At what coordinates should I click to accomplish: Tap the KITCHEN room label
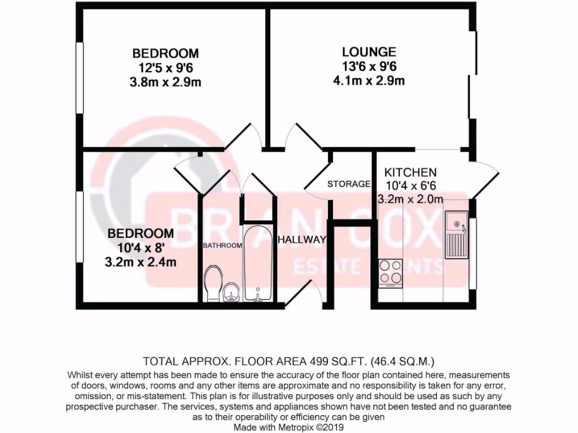click(x=410, y=173)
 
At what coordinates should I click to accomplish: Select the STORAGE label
click(x=349, y=184)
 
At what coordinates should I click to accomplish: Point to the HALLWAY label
click(x=301, y=240)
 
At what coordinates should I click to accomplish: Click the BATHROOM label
click(x=223, y=245)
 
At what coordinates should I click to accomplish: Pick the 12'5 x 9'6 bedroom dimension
click(x=165, y=68)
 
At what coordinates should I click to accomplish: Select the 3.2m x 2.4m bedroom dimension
click(x=141, y=262)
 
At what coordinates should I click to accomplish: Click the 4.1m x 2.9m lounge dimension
click(x=369, y=80)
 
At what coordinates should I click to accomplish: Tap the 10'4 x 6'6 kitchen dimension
click(x=410, y=185)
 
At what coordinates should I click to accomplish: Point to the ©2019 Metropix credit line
click(x=289, y=427)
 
